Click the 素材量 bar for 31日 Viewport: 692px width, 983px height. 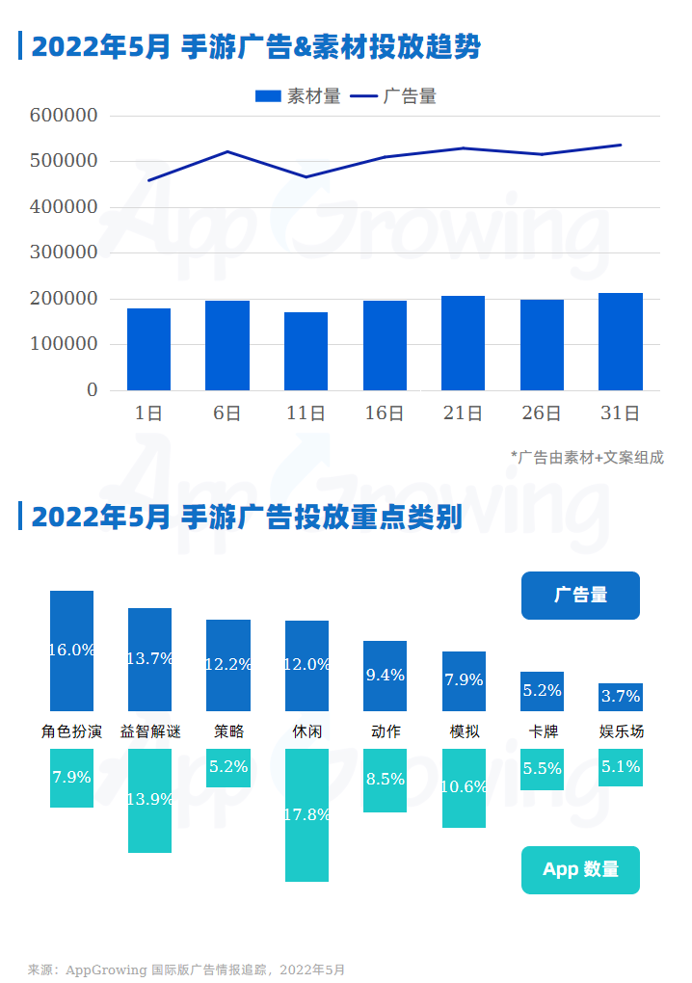tap(621, 342)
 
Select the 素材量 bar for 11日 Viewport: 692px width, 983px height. tap(306, 352)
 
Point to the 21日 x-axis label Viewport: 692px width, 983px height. tap(463, 413)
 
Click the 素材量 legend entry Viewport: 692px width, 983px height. tap(298, 96)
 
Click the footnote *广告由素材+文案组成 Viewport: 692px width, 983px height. tap(587, 458)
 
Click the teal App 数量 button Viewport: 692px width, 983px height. tap(580, 869)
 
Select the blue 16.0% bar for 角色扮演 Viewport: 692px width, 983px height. tap(72, 651)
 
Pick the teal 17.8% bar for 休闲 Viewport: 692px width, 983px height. tap(306, 815)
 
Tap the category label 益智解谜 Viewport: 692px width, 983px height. tap(150, 731)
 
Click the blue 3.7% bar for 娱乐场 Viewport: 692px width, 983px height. tap(621, 697)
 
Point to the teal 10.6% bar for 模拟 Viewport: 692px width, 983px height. tap(464, 788)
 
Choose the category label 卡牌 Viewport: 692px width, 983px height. tap(542, 731)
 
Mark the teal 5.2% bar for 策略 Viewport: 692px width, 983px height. tap(228, 768)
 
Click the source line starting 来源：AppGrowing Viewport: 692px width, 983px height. tap(186, 970)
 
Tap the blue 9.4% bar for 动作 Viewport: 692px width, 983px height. tap(385, 676)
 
